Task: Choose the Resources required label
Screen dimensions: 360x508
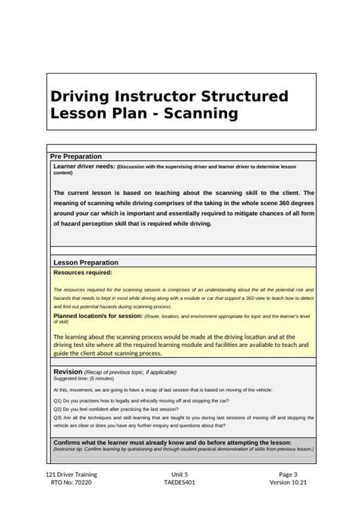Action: click(x=82, y=271)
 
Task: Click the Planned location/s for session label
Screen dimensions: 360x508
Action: click(x=97, y=314)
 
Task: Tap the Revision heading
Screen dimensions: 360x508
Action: click(x=67, y=371)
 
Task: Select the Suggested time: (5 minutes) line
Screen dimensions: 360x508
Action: click(x=84, y=378)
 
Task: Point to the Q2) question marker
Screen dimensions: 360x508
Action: click(x=58, y=408)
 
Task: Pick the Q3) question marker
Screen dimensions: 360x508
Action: click(x=58, y=417)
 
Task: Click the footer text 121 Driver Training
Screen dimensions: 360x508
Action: click(x=71, y=475)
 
